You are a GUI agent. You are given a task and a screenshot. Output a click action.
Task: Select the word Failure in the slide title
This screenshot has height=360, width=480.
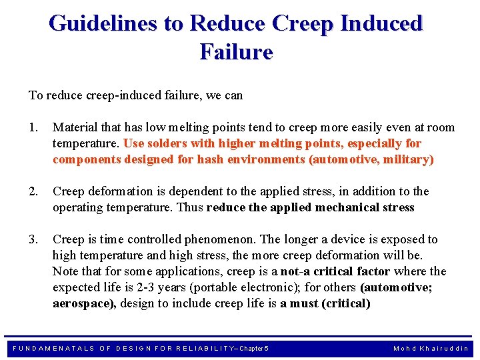236,51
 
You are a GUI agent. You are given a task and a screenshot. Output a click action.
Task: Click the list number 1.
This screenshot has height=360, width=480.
33,127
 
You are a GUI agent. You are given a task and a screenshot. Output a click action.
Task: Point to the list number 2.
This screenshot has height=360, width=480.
33,191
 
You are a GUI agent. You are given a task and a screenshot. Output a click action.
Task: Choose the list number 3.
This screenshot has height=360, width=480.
33,239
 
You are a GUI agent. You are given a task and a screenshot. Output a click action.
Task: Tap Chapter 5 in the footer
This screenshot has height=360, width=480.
254,349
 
